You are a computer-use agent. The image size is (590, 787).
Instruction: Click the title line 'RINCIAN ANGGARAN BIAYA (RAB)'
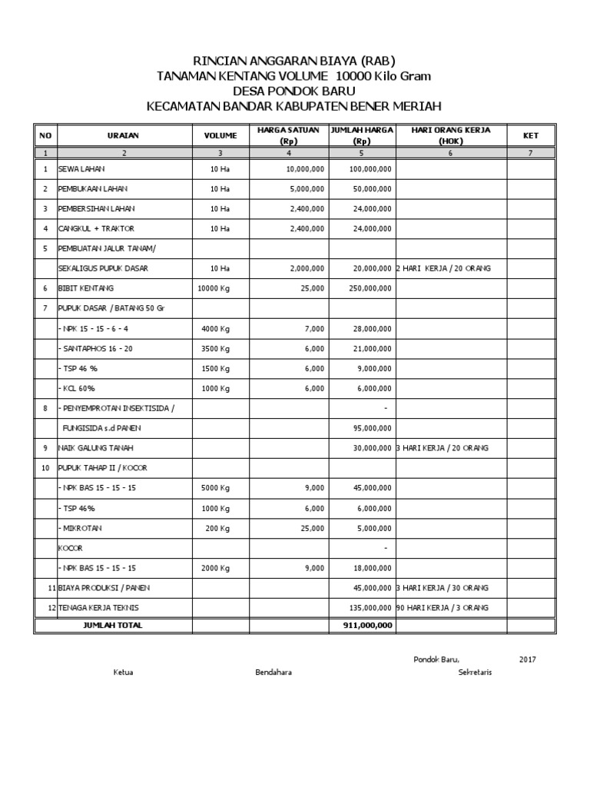pyautogui.click(x=294, y=61)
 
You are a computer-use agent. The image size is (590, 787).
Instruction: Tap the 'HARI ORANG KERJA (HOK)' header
pyautogui.click(x=451, y=135)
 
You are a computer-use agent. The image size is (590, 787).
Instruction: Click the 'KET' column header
pyautogui.click(x=530, y=135)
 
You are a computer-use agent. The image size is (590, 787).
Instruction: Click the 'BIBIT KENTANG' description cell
pyautogui.click(x=86, y=288)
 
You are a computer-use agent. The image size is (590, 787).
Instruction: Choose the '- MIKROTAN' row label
pyautogui.click(x=80, y=528)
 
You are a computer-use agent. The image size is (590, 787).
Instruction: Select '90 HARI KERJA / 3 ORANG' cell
pyautogui.click(x=442, y=608)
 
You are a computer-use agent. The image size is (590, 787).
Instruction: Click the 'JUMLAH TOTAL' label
pyautogui.click(x=112, y=625)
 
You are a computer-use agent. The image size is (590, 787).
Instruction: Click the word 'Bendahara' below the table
pyautogui.click(x=273, y=672)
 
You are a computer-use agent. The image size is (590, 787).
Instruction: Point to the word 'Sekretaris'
pyautogui.click(x=474, y=672)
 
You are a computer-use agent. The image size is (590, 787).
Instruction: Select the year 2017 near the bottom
pyautogui.click(x=527, y=659)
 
